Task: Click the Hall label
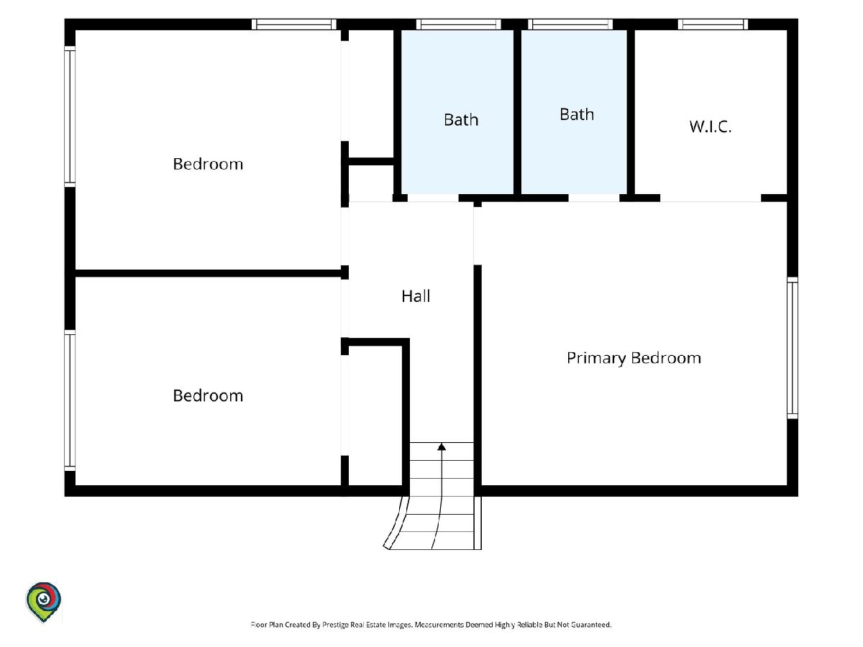click(x=416, y=296)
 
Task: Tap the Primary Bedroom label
click(x=634, y=358)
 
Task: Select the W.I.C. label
click(x=710, y=127)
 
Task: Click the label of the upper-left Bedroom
click(x=208, y=164)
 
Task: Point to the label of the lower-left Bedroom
click(x=208, y=395)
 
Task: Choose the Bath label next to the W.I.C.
click(x=577, y=114)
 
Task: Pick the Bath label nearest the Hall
click(x=461, y=120)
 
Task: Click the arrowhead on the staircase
click(x=442, y=446)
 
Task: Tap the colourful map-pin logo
click(x=43, y=602)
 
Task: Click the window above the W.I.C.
click(x=713, y=24)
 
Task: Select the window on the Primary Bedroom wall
click(x=793, y=348)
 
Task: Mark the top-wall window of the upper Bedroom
click(x=294, y=24)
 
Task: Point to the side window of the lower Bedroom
click(x=70, y=400)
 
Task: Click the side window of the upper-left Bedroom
click(x=70, y=116)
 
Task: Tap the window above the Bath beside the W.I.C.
click(x=570, y=24)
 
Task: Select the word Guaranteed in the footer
click(x=591, y=625)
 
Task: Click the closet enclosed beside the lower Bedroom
click(x=375, y=416)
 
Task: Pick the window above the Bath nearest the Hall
click(x=458, y=24)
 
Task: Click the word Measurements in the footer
click(x=439, y=625)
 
